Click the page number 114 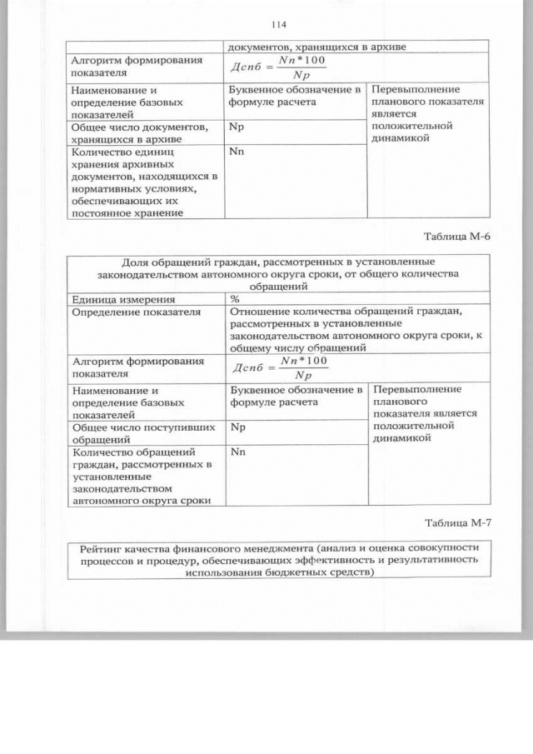278,24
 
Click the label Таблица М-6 457,236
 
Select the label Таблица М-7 457,522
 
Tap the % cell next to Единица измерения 235,299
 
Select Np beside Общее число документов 237,127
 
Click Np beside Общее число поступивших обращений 237,427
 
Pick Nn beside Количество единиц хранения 237,152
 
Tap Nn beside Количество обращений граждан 237,452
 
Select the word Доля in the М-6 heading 137,260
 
